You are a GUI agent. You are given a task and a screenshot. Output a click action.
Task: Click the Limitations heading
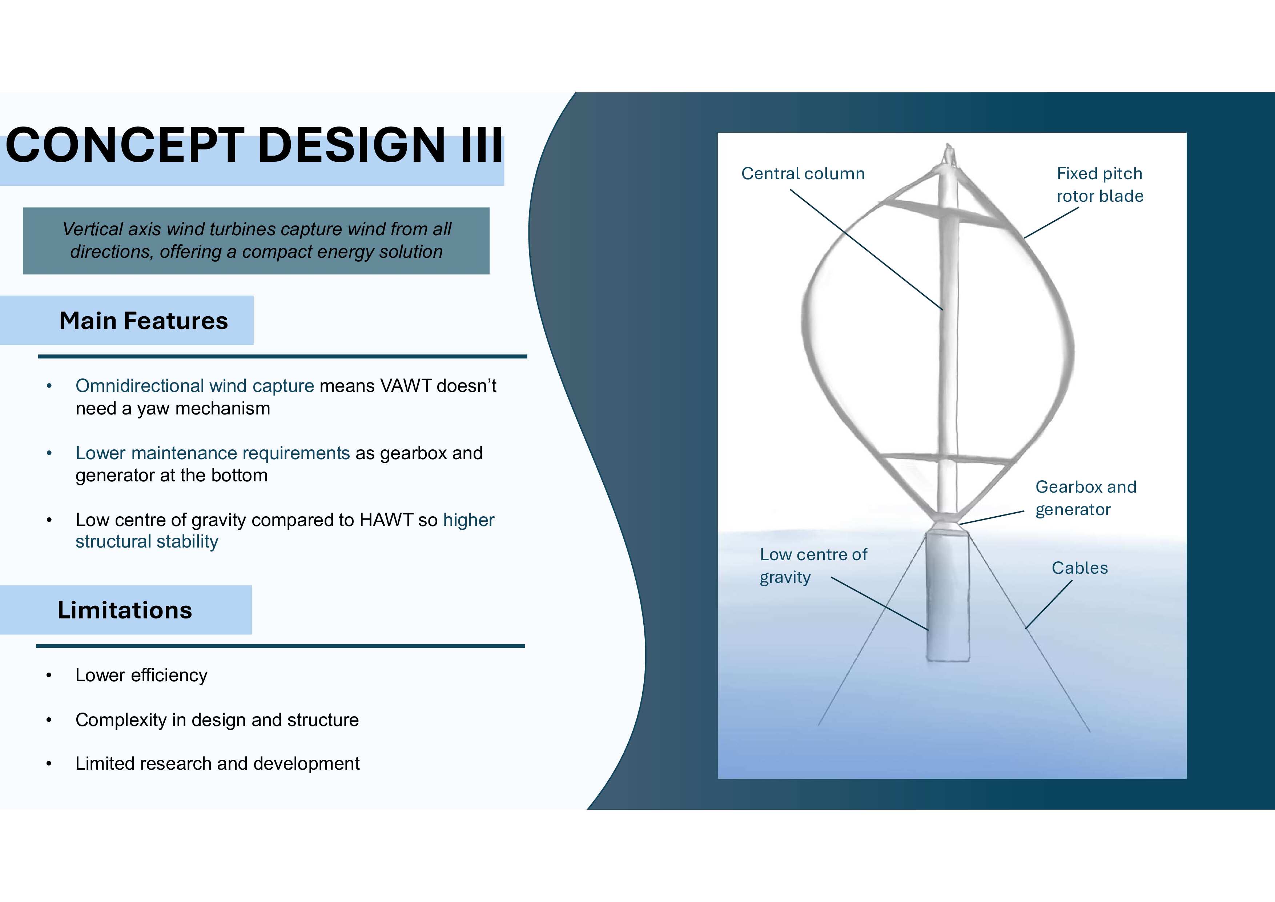coord(125,610)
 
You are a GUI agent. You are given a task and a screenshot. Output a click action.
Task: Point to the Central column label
coord(803,173)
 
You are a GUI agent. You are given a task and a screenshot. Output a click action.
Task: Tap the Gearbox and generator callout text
coord(1086,498)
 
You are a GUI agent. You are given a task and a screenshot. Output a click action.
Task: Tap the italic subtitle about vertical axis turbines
coord(257,240)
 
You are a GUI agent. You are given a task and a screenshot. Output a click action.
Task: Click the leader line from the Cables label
coord(1049,604)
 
